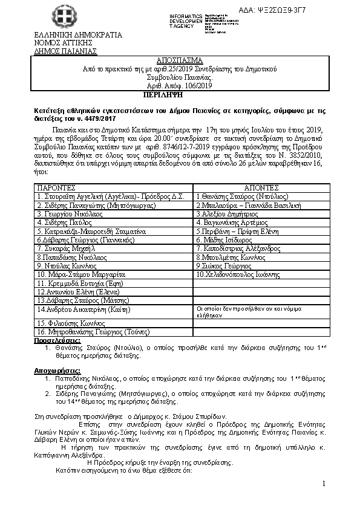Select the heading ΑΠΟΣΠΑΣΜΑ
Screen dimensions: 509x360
[x=180, y=62]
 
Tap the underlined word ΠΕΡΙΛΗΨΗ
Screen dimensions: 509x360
[x=164, y=96]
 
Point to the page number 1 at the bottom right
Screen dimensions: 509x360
[x=324, y=484]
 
